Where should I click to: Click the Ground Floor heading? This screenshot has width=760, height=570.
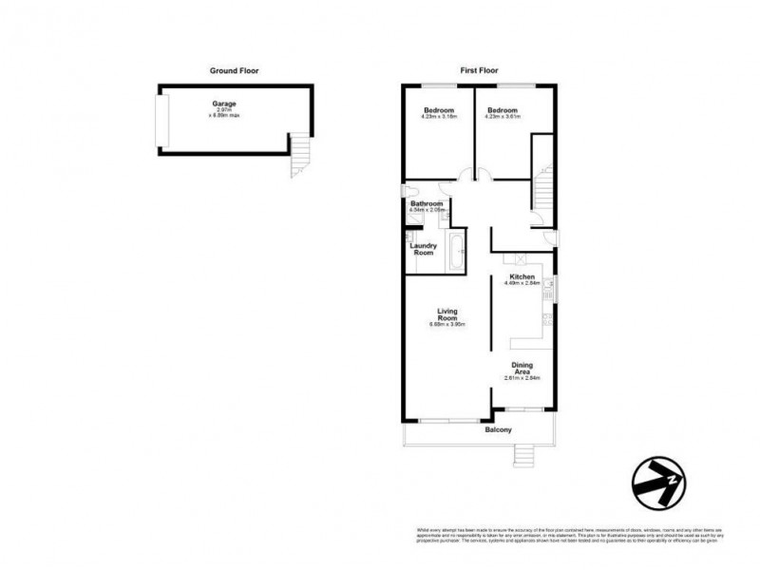234,70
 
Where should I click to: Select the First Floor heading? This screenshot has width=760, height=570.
480,70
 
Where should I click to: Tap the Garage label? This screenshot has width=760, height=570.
224,104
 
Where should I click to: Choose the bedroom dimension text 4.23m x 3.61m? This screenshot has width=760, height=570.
503,118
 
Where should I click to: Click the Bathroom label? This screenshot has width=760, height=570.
427,203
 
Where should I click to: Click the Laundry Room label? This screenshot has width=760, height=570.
423,249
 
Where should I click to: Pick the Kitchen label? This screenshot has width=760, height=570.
522,276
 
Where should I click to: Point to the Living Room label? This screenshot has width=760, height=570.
448,314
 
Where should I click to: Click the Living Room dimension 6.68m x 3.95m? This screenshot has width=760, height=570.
448,327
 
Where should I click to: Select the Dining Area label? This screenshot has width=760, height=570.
522,368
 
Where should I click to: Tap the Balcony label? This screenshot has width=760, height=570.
498,430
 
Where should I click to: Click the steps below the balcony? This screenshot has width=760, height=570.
524,458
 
